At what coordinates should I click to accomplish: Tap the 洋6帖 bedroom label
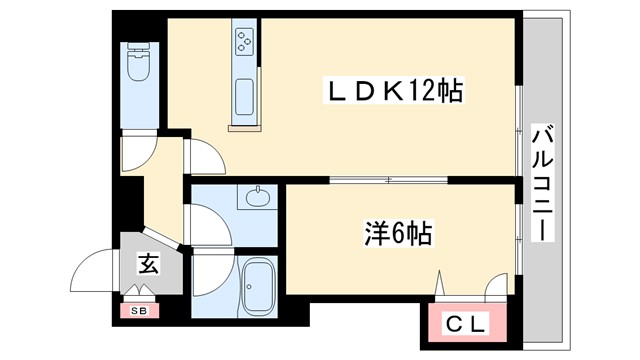397,234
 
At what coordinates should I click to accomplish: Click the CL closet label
466,322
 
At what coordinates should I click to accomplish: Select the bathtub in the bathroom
259,288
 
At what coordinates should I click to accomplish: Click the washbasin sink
258,196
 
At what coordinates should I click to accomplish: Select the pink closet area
466,322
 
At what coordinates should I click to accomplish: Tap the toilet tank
137,49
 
